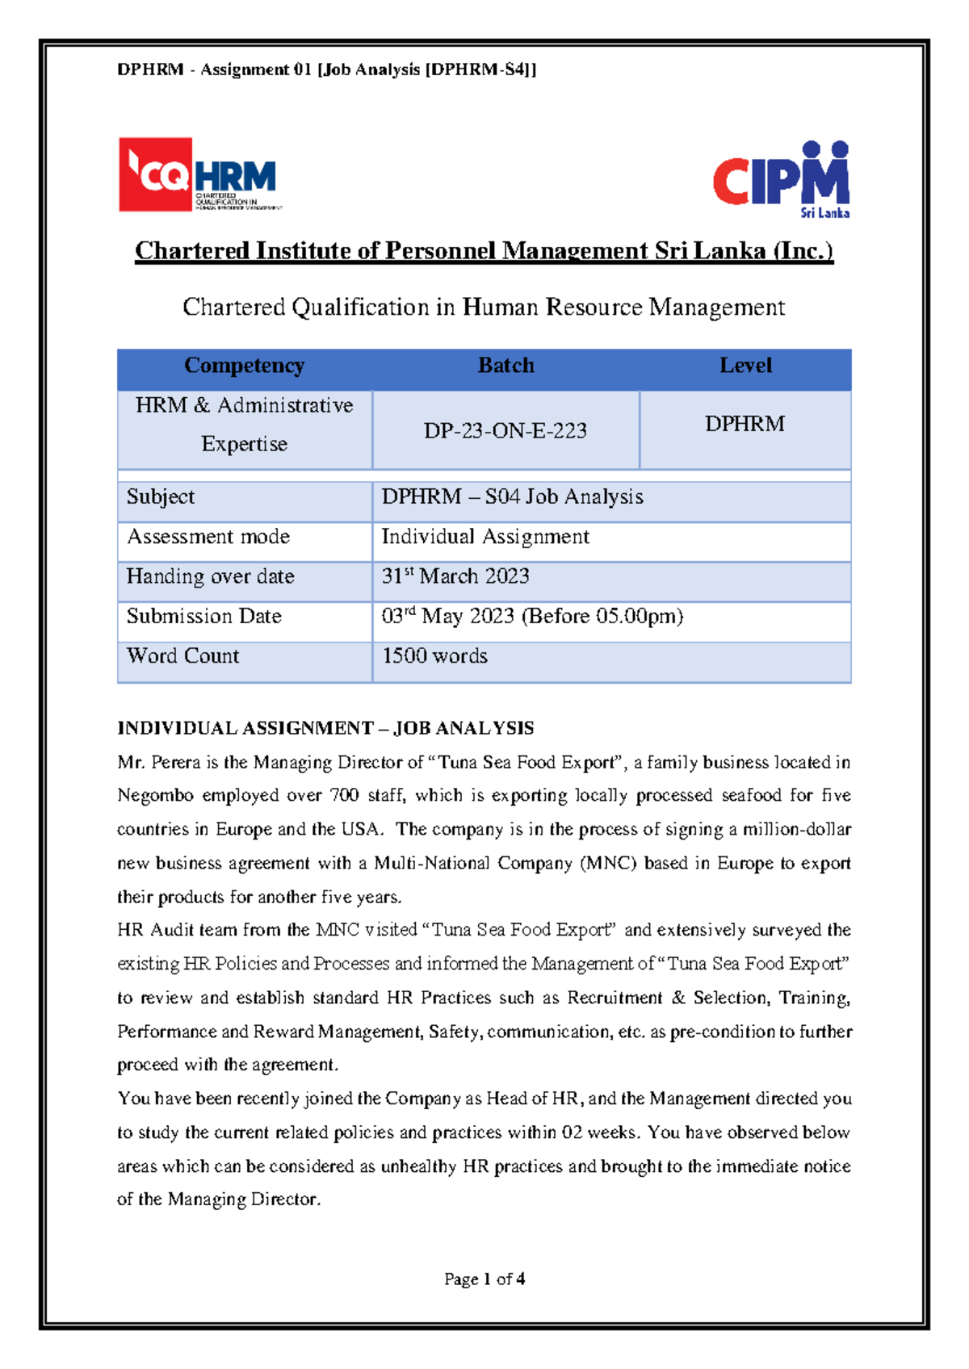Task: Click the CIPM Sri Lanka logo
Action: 781,179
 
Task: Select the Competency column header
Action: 244,366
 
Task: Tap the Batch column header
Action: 505,366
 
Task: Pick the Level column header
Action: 745,366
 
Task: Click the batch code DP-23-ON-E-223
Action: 505,431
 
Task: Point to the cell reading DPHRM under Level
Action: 745,425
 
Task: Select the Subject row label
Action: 161,497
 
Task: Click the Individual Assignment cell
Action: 485,537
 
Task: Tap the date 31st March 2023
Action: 455,576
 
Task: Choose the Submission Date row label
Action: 203,616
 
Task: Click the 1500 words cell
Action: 434,656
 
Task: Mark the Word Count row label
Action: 183,656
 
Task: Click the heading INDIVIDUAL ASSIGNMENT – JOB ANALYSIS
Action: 325,728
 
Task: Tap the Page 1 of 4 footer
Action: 484,1279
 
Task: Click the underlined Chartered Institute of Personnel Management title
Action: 484,251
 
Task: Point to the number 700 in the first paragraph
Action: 344,796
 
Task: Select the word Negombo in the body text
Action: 155,796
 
